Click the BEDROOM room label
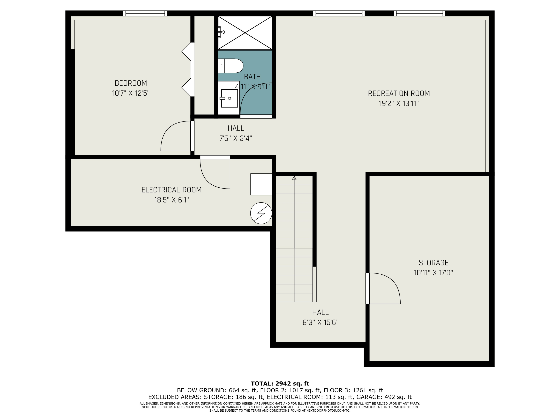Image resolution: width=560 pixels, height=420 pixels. [x=131, y=83]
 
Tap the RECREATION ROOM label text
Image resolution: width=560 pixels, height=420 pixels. [x=399, y=93]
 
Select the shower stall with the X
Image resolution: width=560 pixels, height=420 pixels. [x=245, y=33]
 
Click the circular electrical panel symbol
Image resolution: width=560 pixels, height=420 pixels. [x=261, y=213]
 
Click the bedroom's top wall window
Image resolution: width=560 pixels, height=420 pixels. [x=145, y=13]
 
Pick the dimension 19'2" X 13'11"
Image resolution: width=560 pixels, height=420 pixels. [x=399, y=104]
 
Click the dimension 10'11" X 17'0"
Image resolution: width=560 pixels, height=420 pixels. [x=433, y=273]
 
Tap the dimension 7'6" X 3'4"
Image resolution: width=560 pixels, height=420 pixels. [x=236, y=138]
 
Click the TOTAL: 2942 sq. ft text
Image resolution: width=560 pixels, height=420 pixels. [x=280, y=384]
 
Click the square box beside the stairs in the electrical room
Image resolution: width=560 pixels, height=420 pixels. [x=261, y=184]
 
